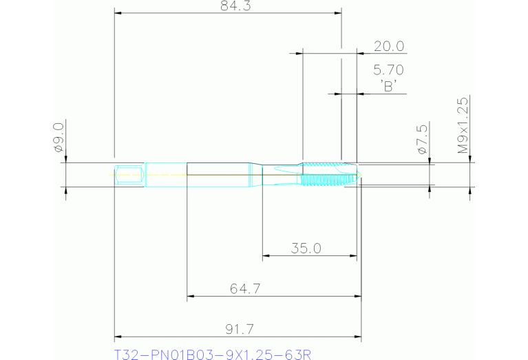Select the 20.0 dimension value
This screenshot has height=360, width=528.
point(388,46)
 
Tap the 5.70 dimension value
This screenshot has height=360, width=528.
point(388,70)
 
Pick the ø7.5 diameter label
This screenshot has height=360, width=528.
point(423,138)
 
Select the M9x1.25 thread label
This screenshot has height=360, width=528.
point(463,125)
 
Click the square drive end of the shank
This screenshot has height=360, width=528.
point(129,174)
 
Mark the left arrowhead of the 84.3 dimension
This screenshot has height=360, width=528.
point(118,13)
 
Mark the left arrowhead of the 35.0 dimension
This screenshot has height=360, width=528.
point(266,257)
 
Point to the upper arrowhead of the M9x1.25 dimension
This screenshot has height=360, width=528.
point(470,158)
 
